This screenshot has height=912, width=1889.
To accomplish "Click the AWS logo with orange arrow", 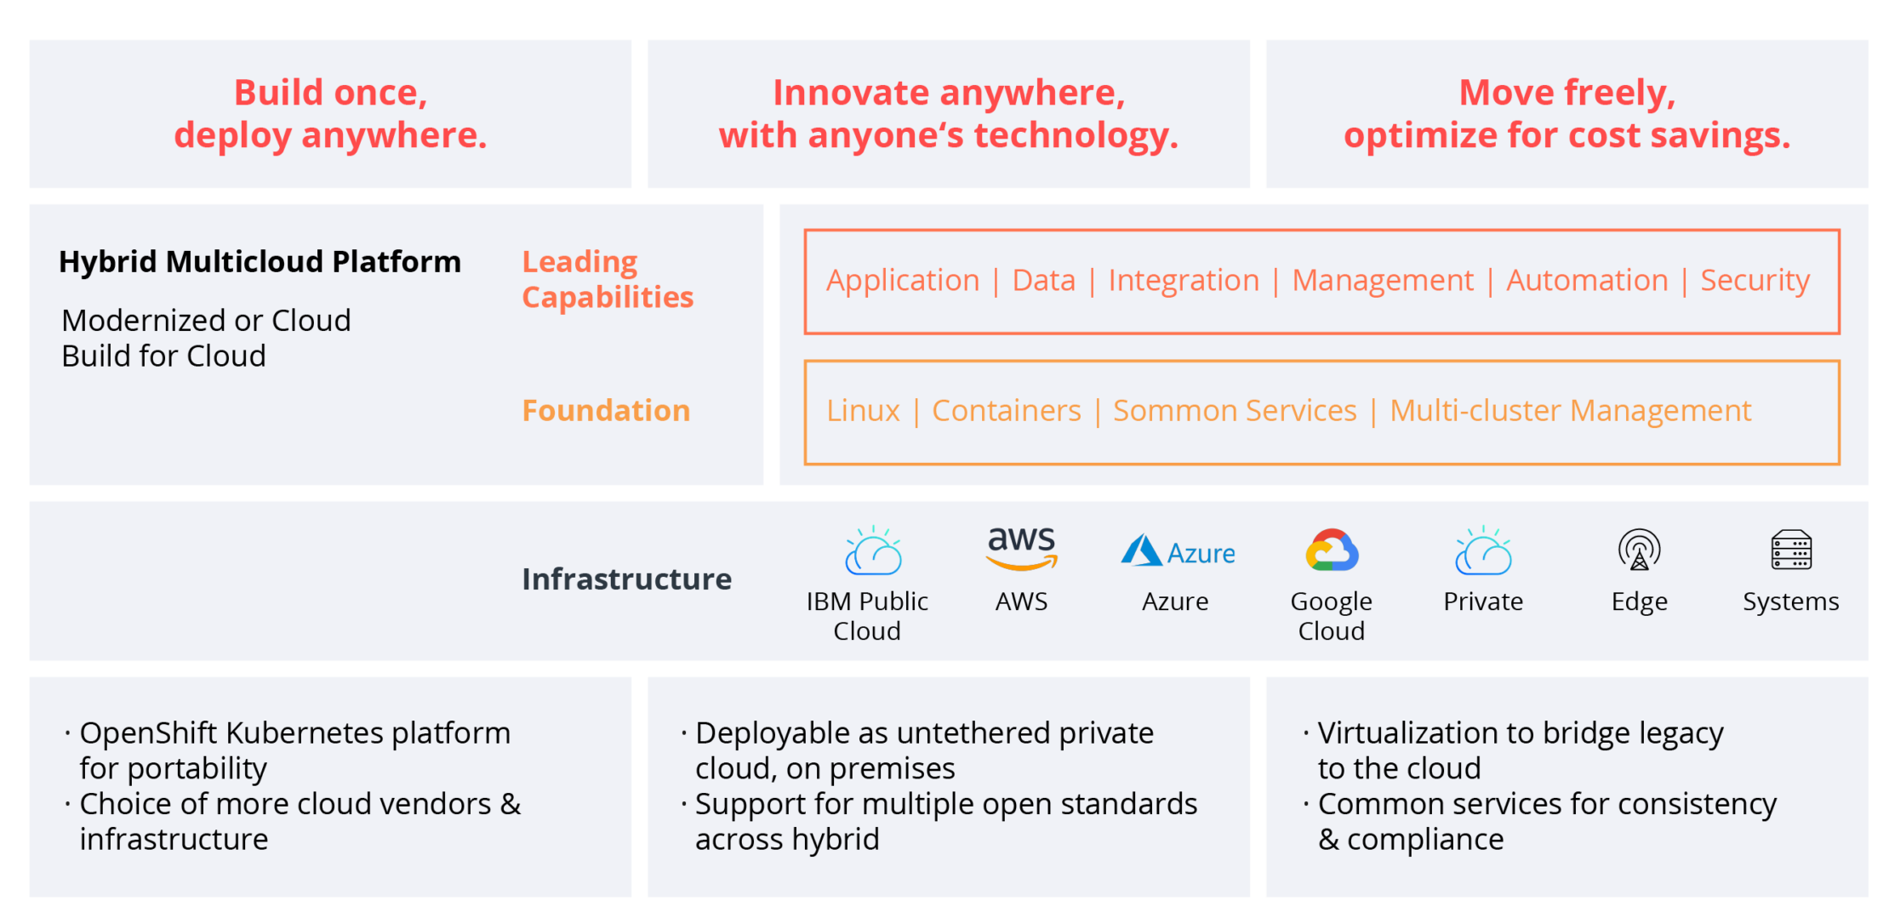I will (x=1021, y=549).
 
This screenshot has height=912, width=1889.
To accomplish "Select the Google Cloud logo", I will (x=1332, y=550).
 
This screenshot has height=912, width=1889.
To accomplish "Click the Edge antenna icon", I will (x=1639, y=550).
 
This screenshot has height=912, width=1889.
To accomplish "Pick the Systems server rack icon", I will (x=1791, y=550).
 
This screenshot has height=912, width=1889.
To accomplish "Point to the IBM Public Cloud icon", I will (x=872, y=551).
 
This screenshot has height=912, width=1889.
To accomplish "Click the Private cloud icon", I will (x=1483, y=551).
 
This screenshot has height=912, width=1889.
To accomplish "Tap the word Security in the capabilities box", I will (x=1755, y=281).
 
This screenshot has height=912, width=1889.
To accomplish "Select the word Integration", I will (x=1184, y=281).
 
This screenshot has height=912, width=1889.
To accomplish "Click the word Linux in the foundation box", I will (x=863, y=411).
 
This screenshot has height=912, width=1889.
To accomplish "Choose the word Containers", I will (x=1007, y=411).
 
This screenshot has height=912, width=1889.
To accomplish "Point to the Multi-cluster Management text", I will (x=1570, y=411).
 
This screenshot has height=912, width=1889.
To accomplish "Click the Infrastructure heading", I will (x=626, y=579).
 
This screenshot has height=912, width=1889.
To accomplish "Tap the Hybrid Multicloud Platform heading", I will (x=260, y=262).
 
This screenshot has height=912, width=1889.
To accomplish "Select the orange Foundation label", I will (x=606, y=411).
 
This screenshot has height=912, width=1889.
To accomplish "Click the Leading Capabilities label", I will (x=608, y=279).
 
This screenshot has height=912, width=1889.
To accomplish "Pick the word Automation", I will (x=1587, y=281).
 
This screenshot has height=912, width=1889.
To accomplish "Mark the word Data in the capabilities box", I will (x=1044, y=281).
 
